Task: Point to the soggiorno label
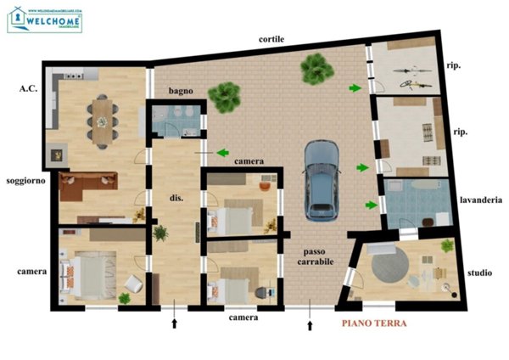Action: [26, 182]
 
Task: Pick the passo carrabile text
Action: [318, 256]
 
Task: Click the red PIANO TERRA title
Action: [374, 323]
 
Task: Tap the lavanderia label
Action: [481, 201]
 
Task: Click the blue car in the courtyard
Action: [322, 177]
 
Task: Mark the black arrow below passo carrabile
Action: [310, 324]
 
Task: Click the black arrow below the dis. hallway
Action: [176, 324]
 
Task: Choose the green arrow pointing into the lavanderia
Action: [371, 204]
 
